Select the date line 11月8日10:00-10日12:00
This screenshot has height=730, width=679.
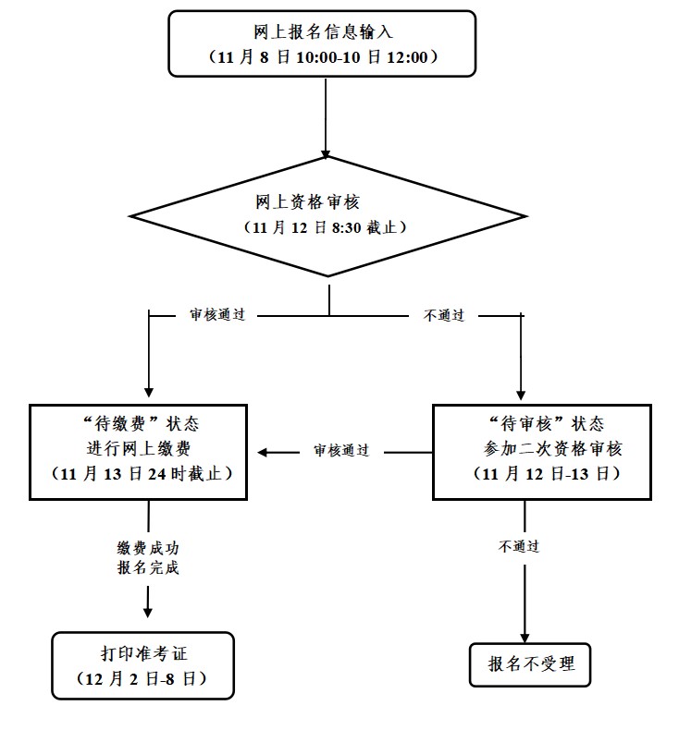click(322, 56)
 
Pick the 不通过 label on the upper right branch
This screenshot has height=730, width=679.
click(444, 315)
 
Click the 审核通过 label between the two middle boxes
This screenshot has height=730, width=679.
click(340, 451)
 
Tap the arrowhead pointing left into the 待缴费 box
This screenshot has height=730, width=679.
click(264, 452)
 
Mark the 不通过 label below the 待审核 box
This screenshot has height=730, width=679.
click(519, 546)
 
